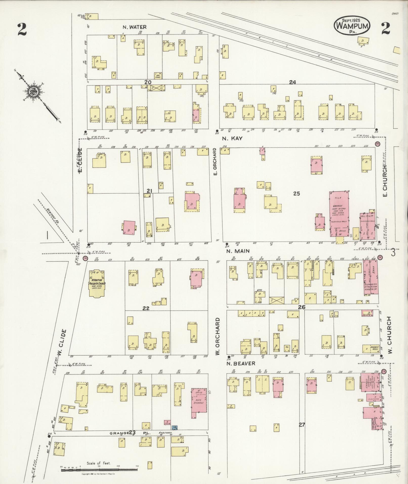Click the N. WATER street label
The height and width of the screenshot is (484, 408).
pyautogui.click(x=135, y=27)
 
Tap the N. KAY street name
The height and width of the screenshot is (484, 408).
pyautogui.click(x=232, y=138)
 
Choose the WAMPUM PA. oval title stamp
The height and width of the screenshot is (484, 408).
pyautogui.click(x=352, y=25)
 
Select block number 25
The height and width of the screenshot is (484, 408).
pyautogui.click(x=296, y=194)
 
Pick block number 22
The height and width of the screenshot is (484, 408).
pyautogui.click(x=146, y=308)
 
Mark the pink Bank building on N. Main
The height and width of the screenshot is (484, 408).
pyautogui.click(x=371, y=277)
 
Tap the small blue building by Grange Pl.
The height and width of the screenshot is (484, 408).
pyautogui.click(x=175, y=428)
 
